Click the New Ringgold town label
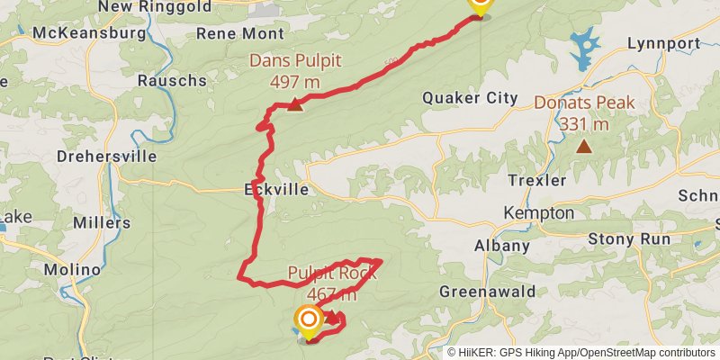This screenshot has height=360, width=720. tap(156, 7)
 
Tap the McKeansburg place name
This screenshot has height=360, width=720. tap(88, 33)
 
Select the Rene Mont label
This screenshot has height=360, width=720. tap(238, 34)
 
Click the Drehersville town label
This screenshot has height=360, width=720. tap(106, 156)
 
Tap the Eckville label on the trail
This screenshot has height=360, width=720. tap(276, 190)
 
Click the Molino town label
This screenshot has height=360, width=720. tap(72, 270)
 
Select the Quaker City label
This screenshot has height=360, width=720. tap(470, 98)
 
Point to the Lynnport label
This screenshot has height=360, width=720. tap(663, 43)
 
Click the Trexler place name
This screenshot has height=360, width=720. tap(537, 180)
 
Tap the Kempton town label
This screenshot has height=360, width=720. tap(539, 213)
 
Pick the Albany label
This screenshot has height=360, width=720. tap(502, 246)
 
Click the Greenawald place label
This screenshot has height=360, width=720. tap(487, 292)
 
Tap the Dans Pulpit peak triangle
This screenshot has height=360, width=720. tap(294, 105)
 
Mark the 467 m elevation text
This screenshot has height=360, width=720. tap(331, 294)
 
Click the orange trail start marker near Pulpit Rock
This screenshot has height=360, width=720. tap(309, 319)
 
